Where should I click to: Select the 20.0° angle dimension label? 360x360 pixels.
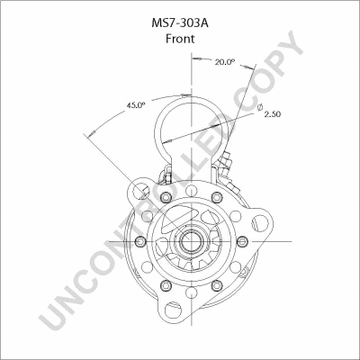coord(224,62)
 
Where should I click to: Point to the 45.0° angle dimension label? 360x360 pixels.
coord(135,106)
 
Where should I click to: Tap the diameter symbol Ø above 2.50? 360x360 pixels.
coord(261,108)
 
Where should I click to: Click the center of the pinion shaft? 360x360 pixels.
coord(191,240)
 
